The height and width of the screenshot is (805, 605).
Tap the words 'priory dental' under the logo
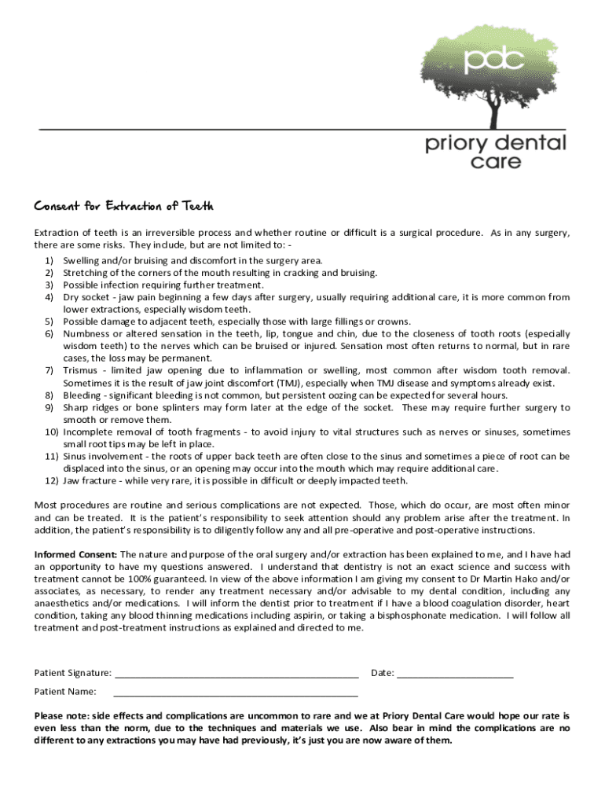(x=495, y=144)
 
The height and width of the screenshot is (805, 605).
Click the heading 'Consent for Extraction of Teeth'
(x=123, y=206)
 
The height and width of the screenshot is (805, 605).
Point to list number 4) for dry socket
(x=49, y=297)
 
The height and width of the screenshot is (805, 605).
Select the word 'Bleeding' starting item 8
(x=82, y=395)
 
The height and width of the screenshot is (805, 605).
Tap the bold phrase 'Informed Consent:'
(x=75, y=554)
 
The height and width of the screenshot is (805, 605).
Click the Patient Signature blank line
(x=236, y=674)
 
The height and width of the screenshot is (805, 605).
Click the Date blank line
(x=455, y=674)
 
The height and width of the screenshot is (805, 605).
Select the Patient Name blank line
(x=236, y=693)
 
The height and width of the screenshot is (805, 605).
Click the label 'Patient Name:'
(x=65, y=692)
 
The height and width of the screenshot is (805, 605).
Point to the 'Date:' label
(x=383, y=673)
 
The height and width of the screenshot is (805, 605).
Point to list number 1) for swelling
(x=49, y=260)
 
